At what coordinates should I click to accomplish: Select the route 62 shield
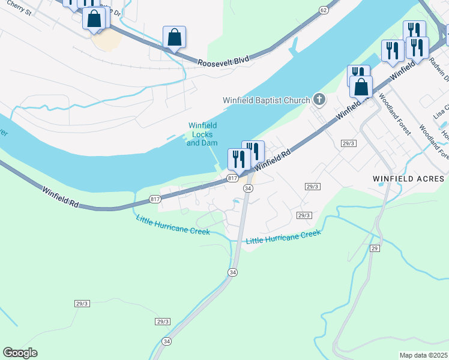click(x=324, y=10)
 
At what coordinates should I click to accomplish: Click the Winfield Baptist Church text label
click(x=266, y=100)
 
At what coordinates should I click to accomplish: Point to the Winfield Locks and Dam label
click(x=202, y=134)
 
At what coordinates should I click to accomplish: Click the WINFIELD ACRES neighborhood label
click(x=408, y=179)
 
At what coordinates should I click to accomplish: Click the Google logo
click(x=20, y=352)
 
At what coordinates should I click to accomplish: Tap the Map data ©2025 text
click(x=423, y=355)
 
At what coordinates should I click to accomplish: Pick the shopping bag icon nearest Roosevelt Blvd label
click(x=174, y=37)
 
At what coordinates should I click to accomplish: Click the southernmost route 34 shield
click(x=166, y=341)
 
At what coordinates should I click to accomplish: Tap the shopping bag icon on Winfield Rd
click(x=361, y=86)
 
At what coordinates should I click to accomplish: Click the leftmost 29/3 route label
click(x=82, y=304)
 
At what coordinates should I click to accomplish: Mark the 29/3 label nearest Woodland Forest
click(x=349, y=143)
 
